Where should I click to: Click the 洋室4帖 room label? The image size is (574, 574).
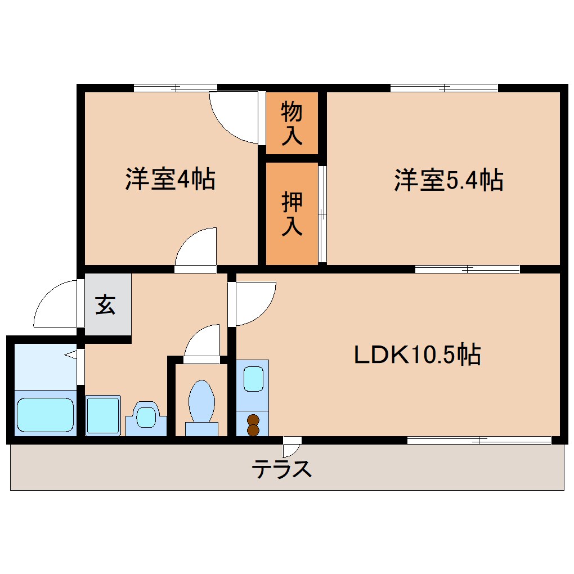169,179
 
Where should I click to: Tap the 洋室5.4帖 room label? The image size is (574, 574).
448,180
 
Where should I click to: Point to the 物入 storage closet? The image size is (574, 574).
292,123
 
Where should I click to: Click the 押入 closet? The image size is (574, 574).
292,214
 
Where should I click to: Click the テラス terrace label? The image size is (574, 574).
281,468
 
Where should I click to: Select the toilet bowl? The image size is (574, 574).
201,402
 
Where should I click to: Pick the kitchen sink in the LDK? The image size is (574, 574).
253,379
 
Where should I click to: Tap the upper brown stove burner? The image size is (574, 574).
253,419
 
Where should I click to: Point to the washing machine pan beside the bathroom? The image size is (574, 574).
103,415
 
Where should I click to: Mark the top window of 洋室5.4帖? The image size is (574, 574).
444,88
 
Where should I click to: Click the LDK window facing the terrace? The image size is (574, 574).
479,440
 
